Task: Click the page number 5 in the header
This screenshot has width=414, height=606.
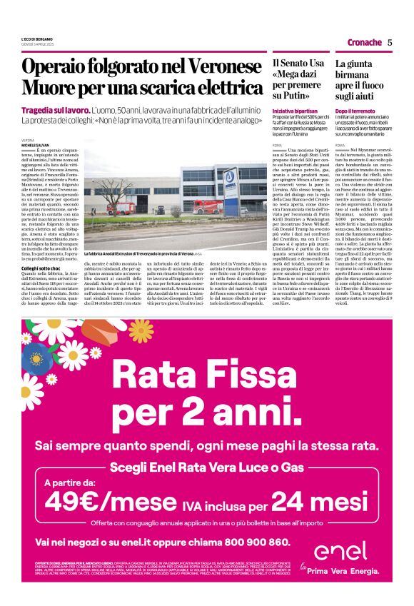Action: (x=390, y=42)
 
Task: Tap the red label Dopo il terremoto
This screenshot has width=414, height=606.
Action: (x=355, y=111)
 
